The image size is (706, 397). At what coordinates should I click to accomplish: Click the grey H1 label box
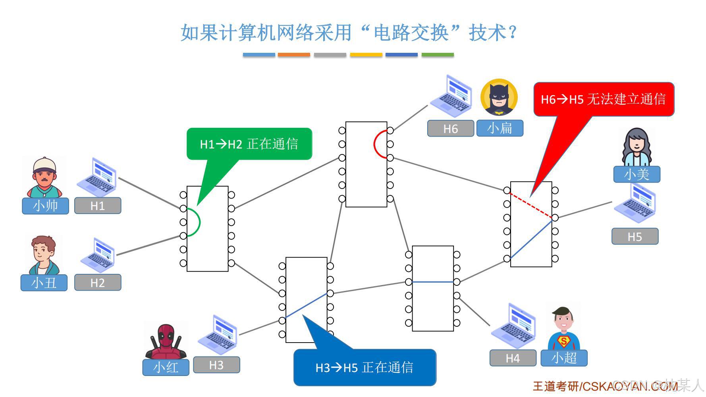98,206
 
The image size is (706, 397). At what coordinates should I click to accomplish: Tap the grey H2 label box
98,283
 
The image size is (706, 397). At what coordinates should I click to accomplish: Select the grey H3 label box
216,365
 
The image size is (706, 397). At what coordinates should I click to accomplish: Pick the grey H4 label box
513,358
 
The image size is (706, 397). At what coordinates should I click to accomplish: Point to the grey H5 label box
635,237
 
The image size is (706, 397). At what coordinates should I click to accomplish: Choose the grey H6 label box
450,129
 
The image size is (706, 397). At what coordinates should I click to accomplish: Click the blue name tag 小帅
45,206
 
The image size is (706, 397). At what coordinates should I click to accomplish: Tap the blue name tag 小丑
44,283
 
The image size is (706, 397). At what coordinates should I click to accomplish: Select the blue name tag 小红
166,367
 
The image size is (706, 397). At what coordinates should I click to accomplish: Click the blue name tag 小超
564,358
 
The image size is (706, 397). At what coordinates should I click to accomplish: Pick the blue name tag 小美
637,174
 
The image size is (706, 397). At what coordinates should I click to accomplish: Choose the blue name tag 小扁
500,128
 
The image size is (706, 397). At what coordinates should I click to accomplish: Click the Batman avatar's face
499,98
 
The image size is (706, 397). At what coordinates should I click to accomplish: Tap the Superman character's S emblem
563,341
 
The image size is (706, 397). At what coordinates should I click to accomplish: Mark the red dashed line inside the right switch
531,205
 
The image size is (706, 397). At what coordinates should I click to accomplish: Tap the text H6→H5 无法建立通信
603,99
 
